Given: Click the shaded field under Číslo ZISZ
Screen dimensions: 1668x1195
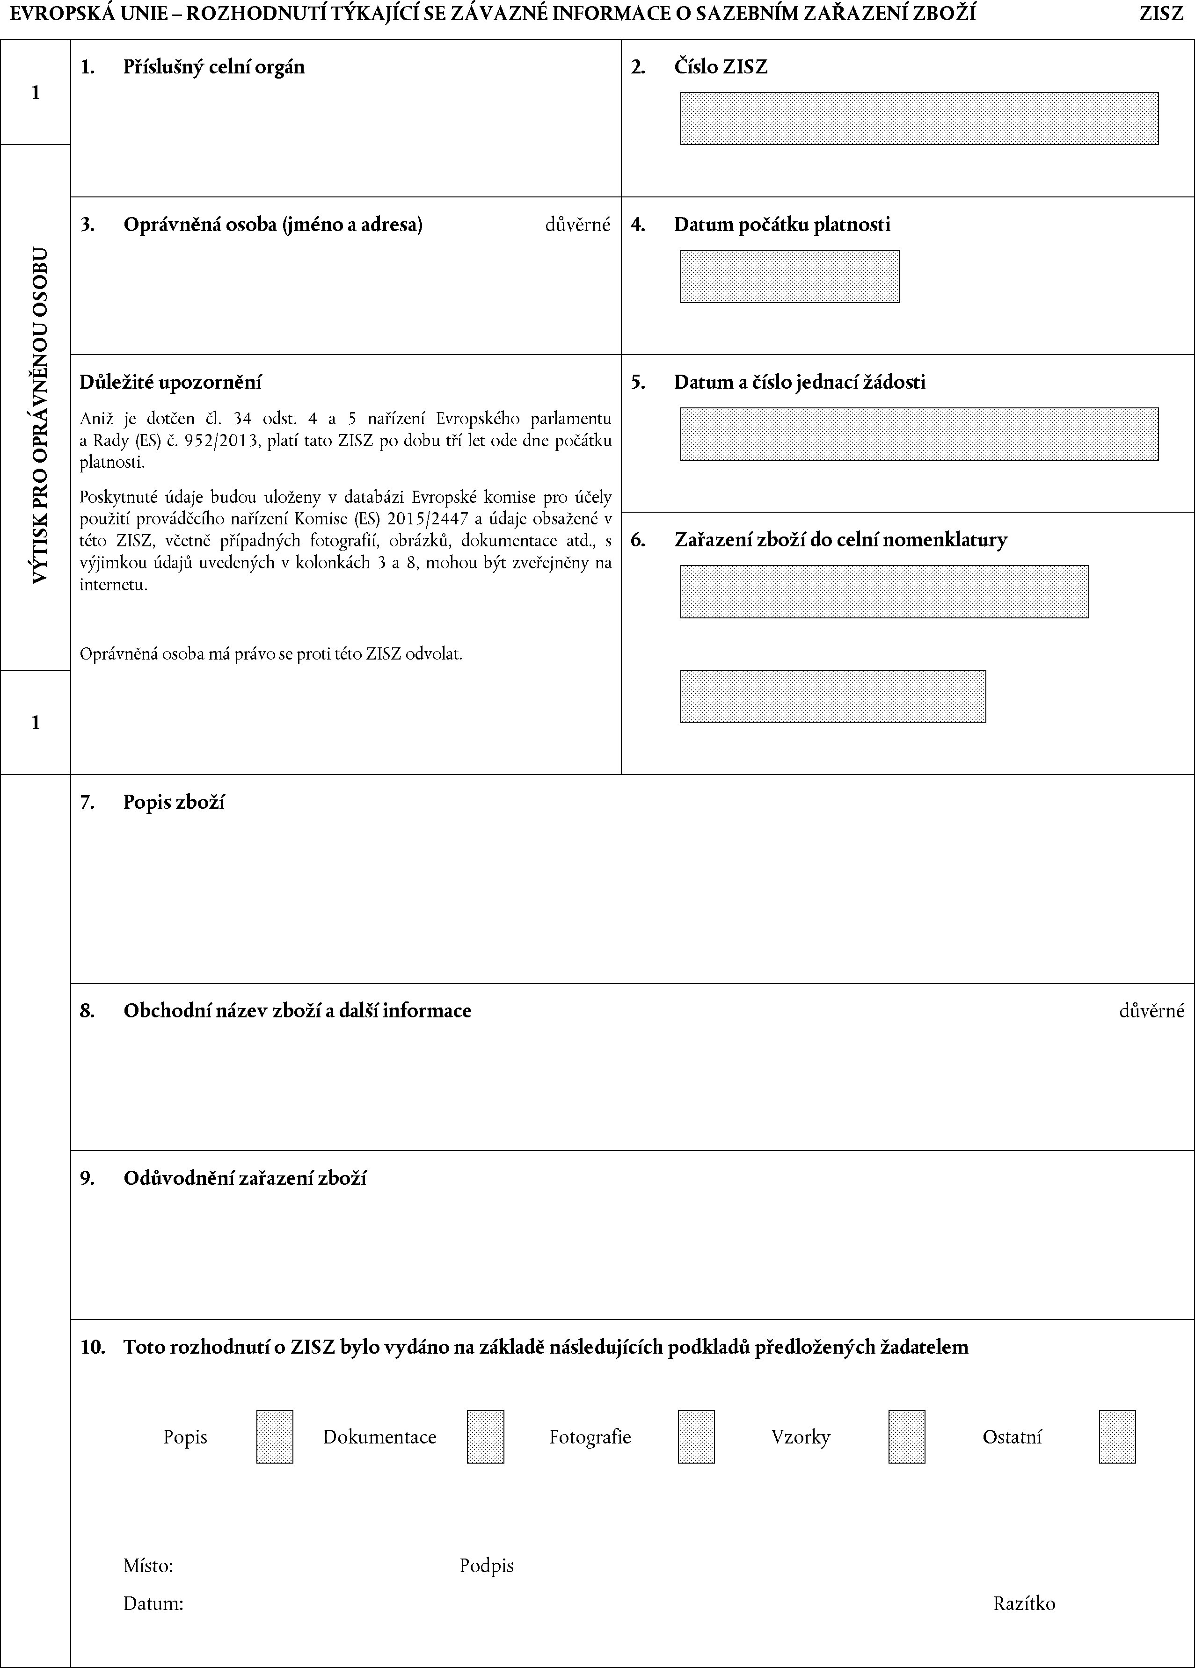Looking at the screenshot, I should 918,118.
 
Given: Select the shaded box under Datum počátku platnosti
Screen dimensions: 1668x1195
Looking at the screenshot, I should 789,276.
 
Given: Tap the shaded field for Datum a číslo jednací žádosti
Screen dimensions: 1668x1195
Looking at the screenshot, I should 918,434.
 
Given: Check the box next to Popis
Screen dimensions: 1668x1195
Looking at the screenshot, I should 275,1436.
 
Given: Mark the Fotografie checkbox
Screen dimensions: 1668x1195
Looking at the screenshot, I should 696,1436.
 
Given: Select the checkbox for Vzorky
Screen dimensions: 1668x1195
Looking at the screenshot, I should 907,1436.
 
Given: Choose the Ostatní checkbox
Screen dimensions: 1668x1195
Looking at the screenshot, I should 1117,1436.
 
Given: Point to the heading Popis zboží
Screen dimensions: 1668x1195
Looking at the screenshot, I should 174,802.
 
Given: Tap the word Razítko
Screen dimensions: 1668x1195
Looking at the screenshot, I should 1024,1603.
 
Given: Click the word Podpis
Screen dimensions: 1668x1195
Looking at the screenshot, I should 487,1566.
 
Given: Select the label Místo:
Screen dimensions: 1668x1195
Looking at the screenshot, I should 148,1566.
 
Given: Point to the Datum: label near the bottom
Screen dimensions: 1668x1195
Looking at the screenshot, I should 153,1603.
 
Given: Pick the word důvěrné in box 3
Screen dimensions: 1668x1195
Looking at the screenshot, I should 578,225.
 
